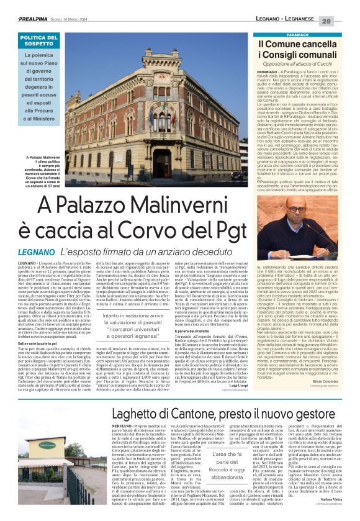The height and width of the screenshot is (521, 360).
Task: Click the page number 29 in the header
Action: coord(344,21)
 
